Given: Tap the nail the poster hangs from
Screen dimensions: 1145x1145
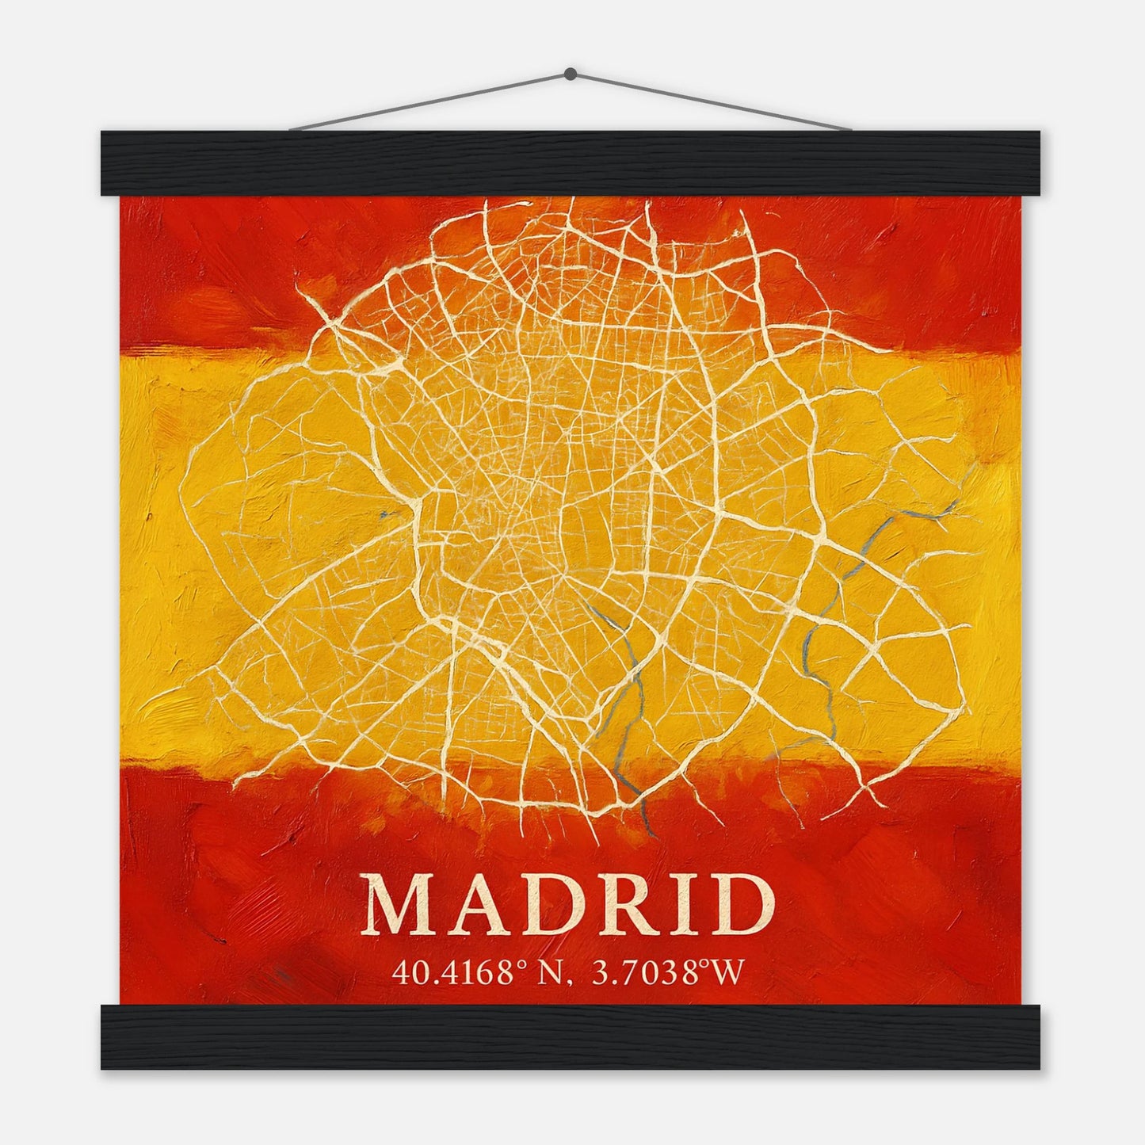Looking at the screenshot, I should [570, 74].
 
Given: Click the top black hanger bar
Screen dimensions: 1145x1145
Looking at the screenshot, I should [571, 163].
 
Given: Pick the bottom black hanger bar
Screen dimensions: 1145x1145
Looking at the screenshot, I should [571, 1037].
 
